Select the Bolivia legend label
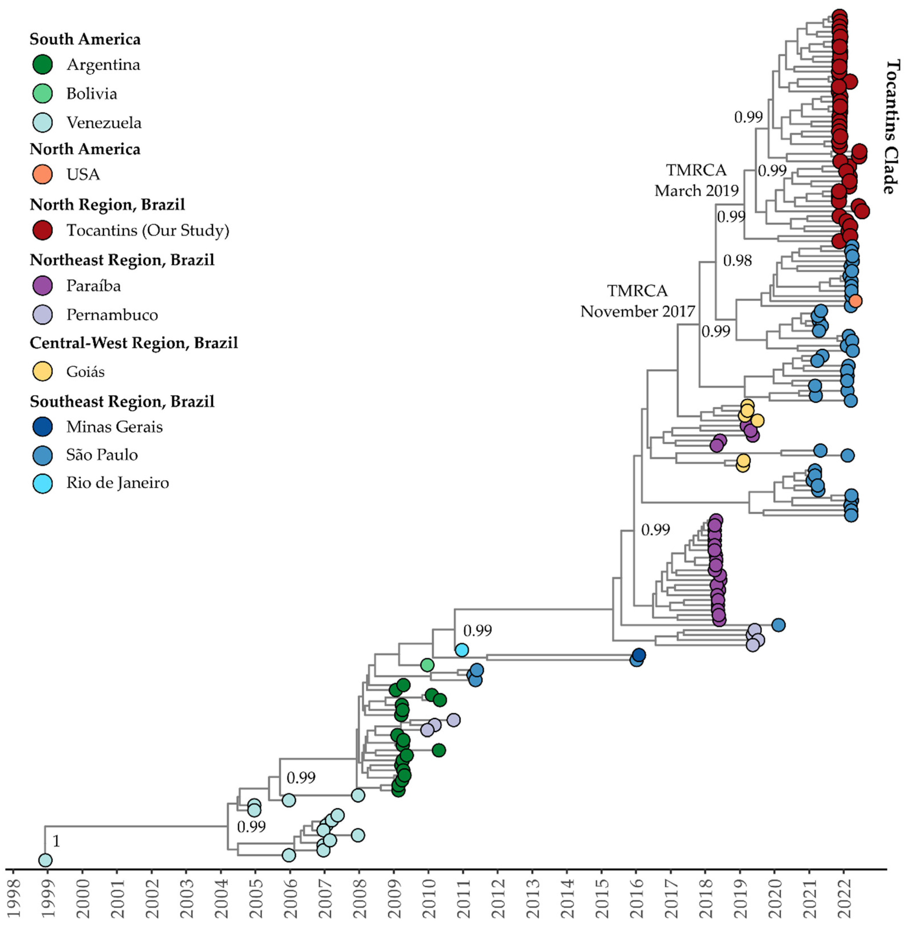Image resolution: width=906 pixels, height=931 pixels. (91, 94)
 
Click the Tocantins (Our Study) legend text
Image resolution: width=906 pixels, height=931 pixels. (148, 230)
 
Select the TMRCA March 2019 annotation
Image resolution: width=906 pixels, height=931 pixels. (696, 180)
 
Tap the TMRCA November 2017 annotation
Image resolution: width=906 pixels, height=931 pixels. (638, 301)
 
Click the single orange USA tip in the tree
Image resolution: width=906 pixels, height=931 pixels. (855, 301)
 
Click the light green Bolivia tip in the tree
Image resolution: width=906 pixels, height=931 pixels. (427, 665)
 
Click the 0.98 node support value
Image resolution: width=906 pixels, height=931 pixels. (737, 260)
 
